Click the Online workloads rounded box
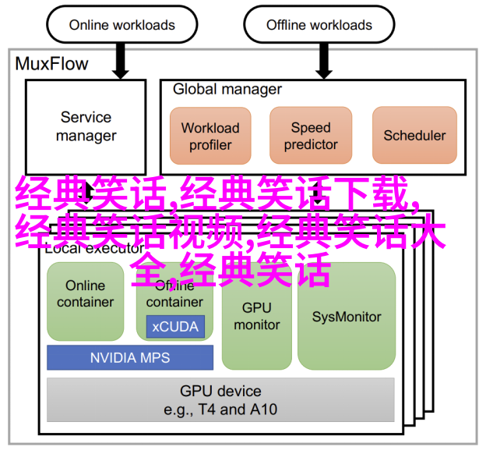point(121,24)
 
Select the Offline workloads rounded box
point(319,24)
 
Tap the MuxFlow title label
point(52,64)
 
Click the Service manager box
point(86,126)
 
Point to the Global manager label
point(227,89)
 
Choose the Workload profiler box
point(210,136)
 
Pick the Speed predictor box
point(311,136)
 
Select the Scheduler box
point(414,136)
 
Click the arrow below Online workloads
point(120,60)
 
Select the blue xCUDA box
point(175,327)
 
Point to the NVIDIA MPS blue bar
point(130,358)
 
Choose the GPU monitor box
point(256,316)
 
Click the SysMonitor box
point(347,317)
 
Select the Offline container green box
point(175,296)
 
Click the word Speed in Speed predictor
point(311,127)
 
